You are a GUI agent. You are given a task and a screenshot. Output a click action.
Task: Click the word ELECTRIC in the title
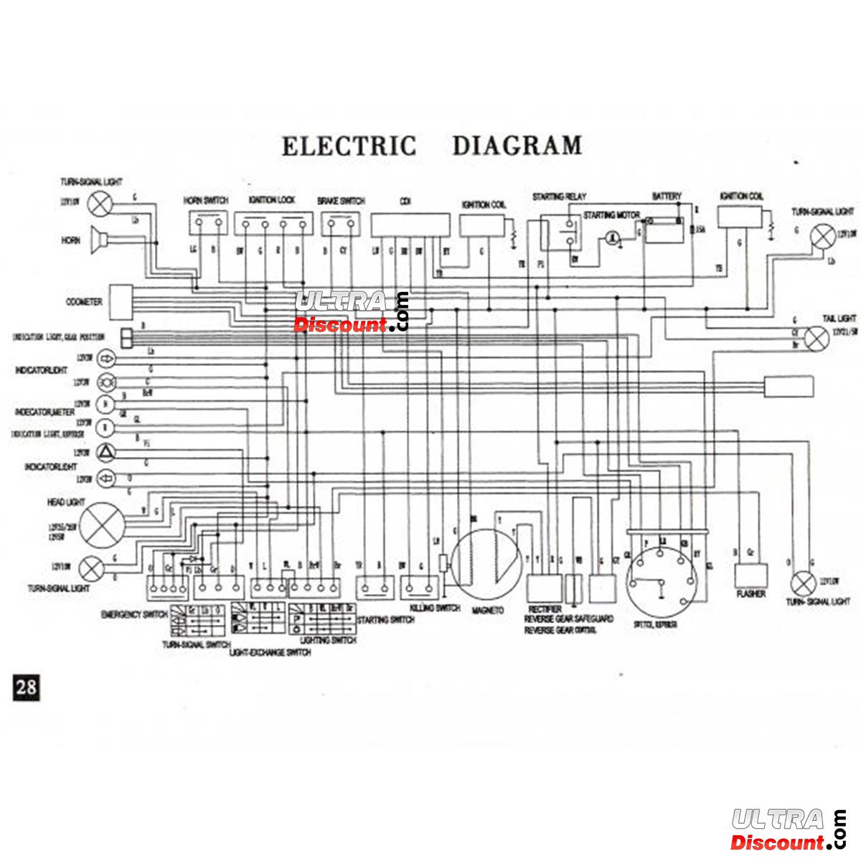tap(349, 146)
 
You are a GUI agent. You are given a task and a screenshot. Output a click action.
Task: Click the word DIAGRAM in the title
tap(517, 146)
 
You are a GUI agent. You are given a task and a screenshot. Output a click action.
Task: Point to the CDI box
tap(410, 225)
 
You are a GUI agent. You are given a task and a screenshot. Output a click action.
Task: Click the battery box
tap(666, 229)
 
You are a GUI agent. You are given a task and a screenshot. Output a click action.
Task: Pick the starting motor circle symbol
tap(612, 238)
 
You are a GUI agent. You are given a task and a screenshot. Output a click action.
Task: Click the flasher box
tap(751, 576)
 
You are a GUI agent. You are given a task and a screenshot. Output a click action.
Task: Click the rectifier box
tap(544, 588)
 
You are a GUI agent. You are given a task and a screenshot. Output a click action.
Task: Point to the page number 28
tap(26, 687)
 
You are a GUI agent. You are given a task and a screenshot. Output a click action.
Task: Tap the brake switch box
tap(339, 225)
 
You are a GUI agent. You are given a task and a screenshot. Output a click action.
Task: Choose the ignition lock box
tap(273, 225)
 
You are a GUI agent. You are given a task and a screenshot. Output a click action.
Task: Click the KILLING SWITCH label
tap(435, 608)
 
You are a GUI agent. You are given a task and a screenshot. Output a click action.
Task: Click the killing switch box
tap(420, 588)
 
